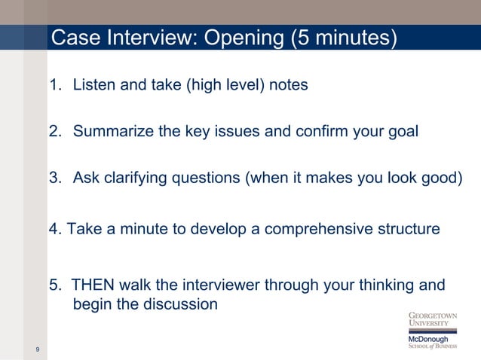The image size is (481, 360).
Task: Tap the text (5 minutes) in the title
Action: [343, 37]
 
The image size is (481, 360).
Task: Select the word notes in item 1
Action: [287, 85]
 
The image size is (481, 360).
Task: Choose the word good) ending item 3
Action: [440, 178]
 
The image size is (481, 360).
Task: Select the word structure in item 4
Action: [408, 229]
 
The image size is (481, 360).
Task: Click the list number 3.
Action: [54, 178]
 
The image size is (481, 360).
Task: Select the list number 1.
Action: [54, 85]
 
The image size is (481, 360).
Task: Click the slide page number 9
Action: [37, 349]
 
